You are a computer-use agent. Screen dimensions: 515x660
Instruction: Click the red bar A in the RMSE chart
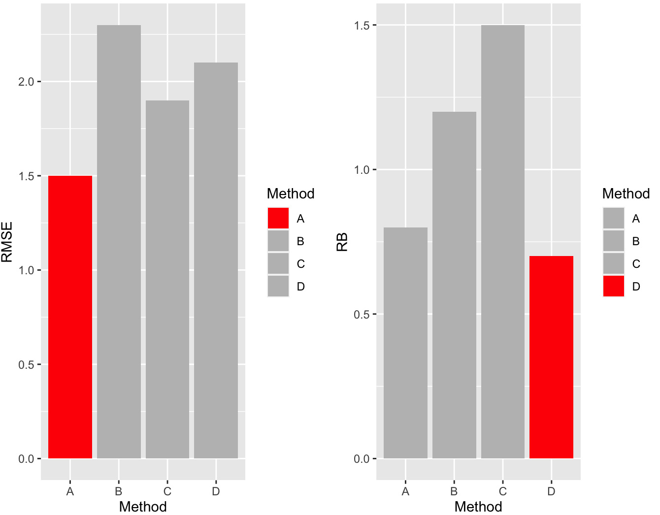click(x=70, y=317)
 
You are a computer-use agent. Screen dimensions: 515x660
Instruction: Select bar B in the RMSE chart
click(x=119, y=242)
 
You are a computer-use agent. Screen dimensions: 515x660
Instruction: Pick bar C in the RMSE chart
click(x=167, y=279)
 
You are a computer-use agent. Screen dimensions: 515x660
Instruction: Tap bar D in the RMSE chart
click(x=216, y=260)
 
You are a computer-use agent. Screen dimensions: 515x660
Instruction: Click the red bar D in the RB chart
click(x=551, y=357)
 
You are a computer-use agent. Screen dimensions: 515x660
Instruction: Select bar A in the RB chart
click(x=405, y=343)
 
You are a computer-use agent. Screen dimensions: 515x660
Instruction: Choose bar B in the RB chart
click(x=454, y=285)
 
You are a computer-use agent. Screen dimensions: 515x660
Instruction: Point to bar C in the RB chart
click(x=502, y=242)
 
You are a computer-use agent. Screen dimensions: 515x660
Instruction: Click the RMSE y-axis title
click(x=7, y=242)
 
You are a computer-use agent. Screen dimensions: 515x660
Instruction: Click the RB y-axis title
click(x=342, y=242)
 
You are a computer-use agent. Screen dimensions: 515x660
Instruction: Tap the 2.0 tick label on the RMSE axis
click(x=26, y=82)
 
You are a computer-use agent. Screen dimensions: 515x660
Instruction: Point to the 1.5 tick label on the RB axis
click(x=362, y=25)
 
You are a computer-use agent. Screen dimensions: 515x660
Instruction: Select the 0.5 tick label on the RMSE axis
click(x=26, y=365)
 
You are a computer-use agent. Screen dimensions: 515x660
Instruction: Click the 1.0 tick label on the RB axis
click(x=362, y=170)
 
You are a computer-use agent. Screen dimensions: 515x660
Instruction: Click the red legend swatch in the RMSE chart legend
click(x=278, y=218)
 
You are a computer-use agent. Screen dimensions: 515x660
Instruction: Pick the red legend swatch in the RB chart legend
click(x=614, y=286)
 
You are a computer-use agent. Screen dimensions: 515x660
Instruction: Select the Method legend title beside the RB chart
click(x=626, y=193)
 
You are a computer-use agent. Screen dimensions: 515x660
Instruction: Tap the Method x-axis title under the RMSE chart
click(x=143, y=507)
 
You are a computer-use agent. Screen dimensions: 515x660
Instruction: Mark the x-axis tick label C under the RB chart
click(x=502, y=491)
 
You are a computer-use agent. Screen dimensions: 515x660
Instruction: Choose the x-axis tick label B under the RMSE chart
click(x=119, y=491)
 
